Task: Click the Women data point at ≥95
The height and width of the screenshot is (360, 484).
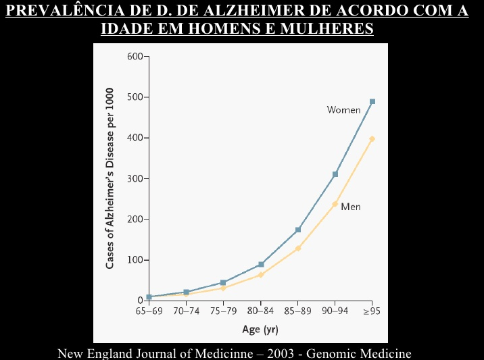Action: (x=372, y=101)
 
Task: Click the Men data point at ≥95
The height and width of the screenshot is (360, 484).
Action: (x=372, y=139)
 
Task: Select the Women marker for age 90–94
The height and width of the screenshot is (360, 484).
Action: (x=335, y=174)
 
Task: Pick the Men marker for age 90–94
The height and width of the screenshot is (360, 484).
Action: (x=335, y=203)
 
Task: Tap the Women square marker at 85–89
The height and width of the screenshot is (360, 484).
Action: (x=298, y=230)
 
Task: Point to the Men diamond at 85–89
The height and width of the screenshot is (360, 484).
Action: (x=297, y=249)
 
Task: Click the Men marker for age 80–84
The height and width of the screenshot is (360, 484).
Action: (x=261, y=275)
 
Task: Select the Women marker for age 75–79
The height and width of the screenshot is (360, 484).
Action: (x=223, y=282)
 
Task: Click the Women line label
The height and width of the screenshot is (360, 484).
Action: (x=343, y=110)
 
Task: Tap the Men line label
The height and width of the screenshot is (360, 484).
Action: (x=350, y=206)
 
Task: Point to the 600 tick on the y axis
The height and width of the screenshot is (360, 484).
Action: (x=135, y=56)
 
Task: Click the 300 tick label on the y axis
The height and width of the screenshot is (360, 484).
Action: (x=135, y=179)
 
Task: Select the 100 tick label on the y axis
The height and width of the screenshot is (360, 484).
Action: (x=135, y=260)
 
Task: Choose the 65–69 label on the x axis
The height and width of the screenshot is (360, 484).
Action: (x=149, y=313)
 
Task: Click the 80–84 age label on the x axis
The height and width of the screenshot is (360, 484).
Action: (x=260, y=313)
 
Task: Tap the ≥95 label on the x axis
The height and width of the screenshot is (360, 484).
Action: (x=372, y=313)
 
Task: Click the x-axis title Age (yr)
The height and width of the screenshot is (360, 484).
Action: (x=260, y=330)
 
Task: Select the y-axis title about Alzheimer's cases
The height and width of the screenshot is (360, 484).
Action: (x=110, y=178)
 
